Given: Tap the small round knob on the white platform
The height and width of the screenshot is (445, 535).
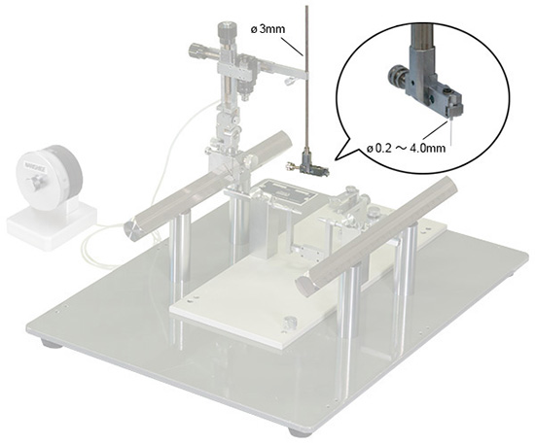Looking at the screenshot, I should [x=289, y=322].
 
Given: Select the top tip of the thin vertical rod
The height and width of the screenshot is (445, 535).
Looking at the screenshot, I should [x=307, y=6].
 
